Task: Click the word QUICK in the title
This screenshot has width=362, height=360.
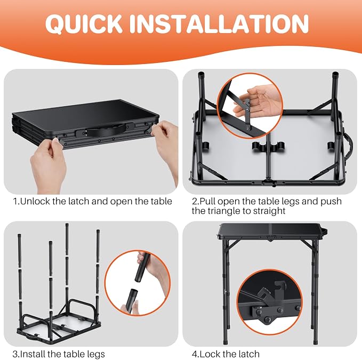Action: (84, 24)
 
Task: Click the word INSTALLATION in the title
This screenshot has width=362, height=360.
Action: (219, 23)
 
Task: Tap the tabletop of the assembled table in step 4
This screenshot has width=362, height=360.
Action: (269, 231)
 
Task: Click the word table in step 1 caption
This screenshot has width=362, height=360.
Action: (162, 202)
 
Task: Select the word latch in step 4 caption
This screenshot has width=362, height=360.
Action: (248, 354)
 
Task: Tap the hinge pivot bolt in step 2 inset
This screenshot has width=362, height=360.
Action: (247, 107)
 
